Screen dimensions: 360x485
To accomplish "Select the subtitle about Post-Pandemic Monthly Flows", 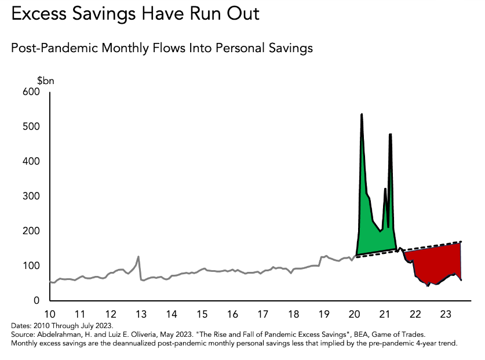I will tap(162, 48).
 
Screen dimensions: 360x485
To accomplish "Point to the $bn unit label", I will tap(46, 81).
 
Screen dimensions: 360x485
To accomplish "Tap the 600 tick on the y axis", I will tap(31, 92).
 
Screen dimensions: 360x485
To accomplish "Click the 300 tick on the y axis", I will tap(31, 197).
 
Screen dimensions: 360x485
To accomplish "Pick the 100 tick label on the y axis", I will tap(31, 266).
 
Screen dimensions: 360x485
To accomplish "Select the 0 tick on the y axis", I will tap(36, 301).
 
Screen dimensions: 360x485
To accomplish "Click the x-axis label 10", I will tap(50, 314).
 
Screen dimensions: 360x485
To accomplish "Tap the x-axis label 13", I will tap(141, 314).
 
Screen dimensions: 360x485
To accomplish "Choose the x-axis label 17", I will tap(262, 314).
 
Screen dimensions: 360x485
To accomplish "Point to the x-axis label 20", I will tap(353, 314).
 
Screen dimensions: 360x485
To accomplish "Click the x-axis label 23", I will tap(444, 314).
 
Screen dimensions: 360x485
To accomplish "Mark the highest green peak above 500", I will tap(362, 115).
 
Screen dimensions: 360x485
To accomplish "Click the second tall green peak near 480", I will tap(391, 135).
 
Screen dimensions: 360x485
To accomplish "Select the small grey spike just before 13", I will tap(138, 257).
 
